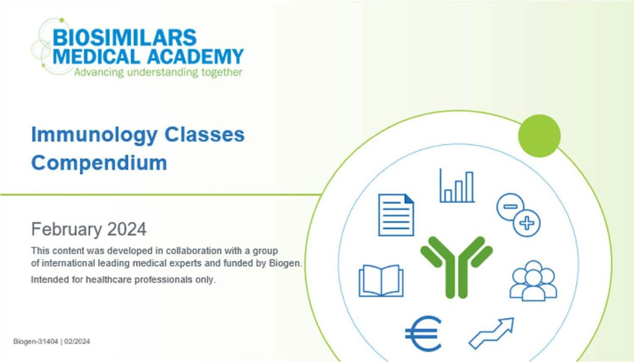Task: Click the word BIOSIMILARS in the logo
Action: click(x=124, y=37)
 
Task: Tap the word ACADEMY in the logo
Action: click(x=195, y=56)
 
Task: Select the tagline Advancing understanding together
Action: click(x=158, y=72)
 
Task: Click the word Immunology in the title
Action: click(x=94, y=135)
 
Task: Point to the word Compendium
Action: click(x=99, y=163)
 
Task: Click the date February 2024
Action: click(x=89, y=229)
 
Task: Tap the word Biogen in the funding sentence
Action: click(x=284, y=263)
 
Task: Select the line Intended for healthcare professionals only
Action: click(x=123, y=280)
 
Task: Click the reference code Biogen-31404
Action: click(x=36, y=341)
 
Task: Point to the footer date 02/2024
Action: click(x=77, y=341)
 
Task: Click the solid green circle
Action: click(x=539, y=136)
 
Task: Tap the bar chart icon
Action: click(x=457, y=186)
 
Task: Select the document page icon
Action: click(x=396, y=215)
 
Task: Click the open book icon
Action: click(x=381, y=281)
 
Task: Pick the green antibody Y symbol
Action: click(x=456, y=267)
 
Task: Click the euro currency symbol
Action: click(x=423, y=334)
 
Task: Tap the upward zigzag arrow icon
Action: click(x=491, y=333)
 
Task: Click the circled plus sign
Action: click(x=527, y=223)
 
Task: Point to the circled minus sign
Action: click(x=510, y=207)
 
